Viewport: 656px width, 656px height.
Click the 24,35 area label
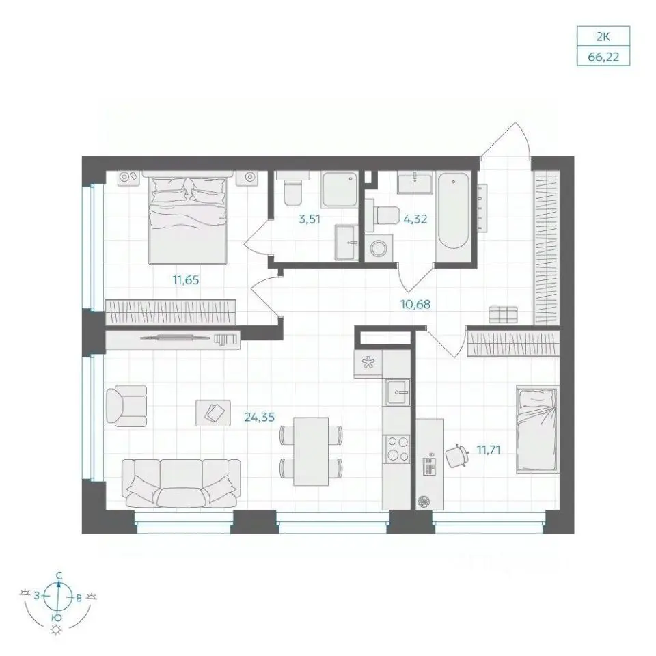(x=260, y=417)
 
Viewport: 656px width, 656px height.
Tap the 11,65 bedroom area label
(x=186, y=280)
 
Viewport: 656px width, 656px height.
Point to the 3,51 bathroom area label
(x=309, y=219)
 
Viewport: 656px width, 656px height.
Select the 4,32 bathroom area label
(x=415, y=219)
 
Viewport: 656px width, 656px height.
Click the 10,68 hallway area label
(x=415, y=304)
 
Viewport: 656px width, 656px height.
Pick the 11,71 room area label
(x=489, y=450)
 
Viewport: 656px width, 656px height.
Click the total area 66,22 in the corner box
(x=603, y=57)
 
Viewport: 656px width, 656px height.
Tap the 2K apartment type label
(x=603, y=37)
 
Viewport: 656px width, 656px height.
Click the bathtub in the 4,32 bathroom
(x=453, y=212)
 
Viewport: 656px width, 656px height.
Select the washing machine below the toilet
(x=379, y=248)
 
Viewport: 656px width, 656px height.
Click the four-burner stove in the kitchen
(x=398, y=449)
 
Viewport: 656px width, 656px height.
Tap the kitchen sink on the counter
(x=398, y=392)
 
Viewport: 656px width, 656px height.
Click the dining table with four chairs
(x=311, y=452)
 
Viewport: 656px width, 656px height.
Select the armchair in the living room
(x=126, y=406)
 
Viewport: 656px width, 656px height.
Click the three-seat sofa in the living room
(x=181, y=484)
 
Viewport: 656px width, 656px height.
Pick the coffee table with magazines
(x=213, y=413)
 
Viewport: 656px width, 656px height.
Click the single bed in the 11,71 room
(x=538, y=429)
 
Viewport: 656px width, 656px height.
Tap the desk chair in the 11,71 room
(x=456, y=456)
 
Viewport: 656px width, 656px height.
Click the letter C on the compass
(x=59, y=575)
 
